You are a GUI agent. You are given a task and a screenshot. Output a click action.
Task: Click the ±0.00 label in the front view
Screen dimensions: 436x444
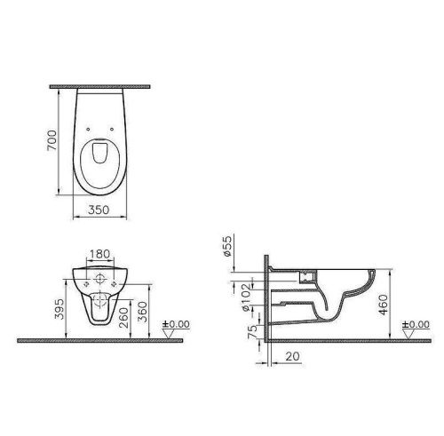pyautogui.click(x=178, y=324)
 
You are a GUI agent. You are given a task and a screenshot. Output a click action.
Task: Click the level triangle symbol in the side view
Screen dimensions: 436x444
pyautogui.click(x=408, y=332)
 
